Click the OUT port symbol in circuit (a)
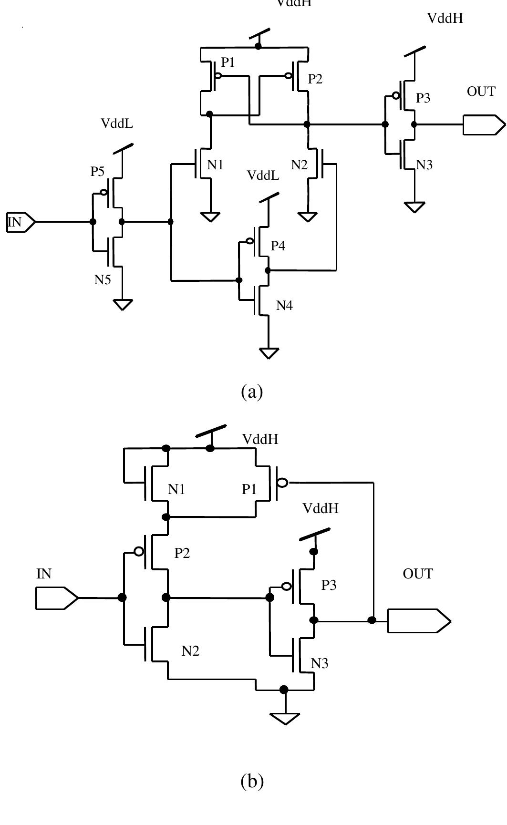[483, 125]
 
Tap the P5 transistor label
[97, 172]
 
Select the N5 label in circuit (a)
[102, 279]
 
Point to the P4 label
[278, 246]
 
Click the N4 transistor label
[284, 306]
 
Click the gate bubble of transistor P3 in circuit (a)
[396, 96]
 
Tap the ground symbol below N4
[269, 353]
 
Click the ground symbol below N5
[123, 304]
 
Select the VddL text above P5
[117, 123]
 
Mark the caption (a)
[252, 392]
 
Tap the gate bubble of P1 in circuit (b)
[282, 483]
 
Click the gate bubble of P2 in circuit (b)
[139, 551]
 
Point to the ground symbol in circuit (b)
[285, 718]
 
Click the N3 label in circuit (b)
[320, 663]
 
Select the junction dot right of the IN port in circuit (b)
[122, 598]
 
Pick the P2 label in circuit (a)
[315, 79]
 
